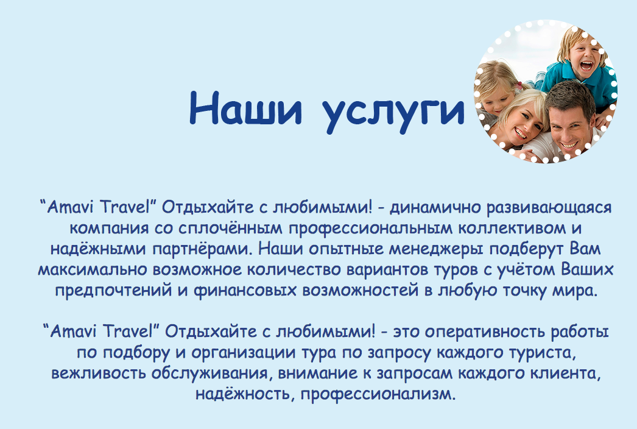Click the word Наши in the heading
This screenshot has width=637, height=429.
point(246,108)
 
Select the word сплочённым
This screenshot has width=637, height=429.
point(230,229)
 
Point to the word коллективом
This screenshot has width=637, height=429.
point(512,228)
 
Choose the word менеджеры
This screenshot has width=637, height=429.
point(436,249)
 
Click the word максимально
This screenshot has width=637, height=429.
point(92,270)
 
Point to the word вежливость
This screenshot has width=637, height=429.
point(98,374)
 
